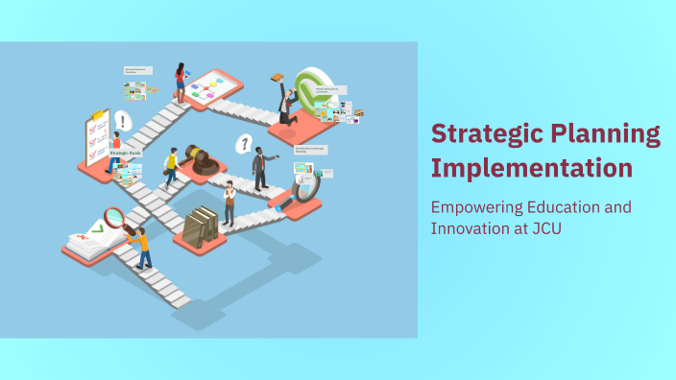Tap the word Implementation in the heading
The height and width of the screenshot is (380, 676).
pyautogui.click(x=531, y=168)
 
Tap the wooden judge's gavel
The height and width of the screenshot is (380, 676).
pyautogui.click(x=200, y=158)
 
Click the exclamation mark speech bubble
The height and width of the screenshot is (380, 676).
pyautogui.click(x=122, y=121)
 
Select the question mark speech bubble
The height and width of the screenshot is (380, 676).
pyautogui.click(x=245, y=145)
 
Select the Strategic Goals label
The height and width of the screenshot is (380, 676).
pyautogui.click(x=125, y=153)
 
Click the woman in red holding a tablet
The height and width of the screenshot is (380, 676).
pyautogui.click(x=180, y=82)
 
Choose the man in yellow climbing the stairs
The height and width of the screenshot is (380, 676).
pyautogui.click(x=172, y=168)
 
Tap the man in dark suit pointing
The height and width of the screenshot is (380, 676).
pyautogui.click(x=259, y=167)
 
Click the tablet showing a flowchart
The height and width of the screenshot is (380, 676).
pyautogui.click(x=211, y=89)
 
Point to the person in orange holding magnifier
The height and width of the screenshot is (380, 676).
pyautogui.click(x=142, y=248)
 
